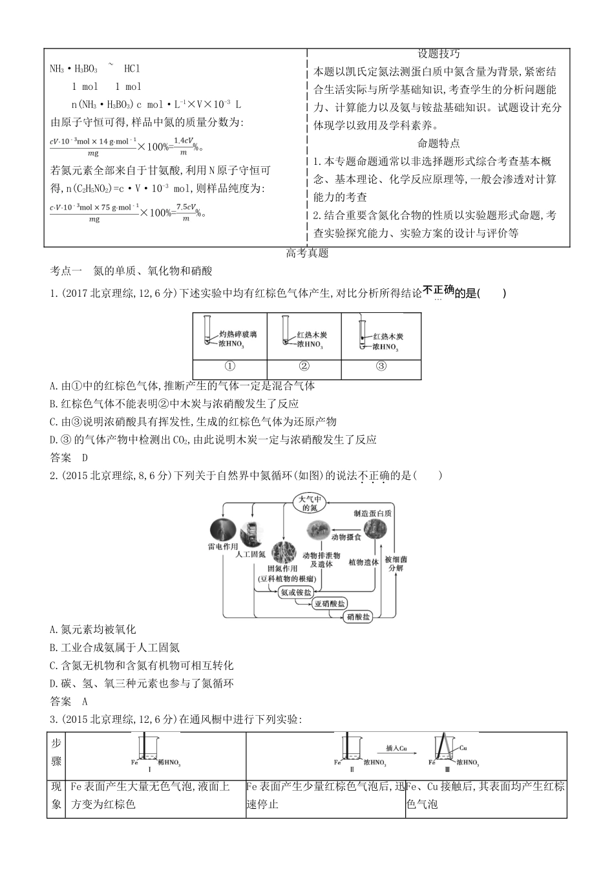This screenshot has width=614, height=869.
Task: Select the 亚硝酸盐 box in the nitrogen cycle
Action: click(330, 604)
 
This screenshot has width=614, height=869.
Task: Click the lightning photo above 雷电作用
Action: click(224, 529)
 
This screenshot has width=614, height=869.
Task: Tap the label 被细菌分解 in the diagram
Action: click(396, 563)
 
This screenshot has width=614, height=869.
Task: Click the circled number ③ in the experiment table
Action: click(381, 367)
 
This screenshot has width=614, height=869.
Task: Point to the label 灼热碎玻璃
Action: click(237, 335)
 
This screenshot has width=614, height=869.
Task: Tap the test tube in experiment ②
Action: click(285, 330)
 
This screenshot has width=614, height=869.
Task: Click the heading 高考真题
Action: click(307, 253)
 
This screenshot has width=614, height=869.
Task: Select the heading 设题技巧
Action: click(439, 54)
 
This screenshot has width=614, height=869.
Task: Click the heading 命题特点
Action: click(439, 144)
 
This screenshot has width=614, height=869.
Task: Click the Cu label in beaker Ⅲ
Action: click(463, 747)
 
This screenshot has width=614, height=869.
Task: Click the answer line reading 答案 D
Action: click(68, 457)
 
